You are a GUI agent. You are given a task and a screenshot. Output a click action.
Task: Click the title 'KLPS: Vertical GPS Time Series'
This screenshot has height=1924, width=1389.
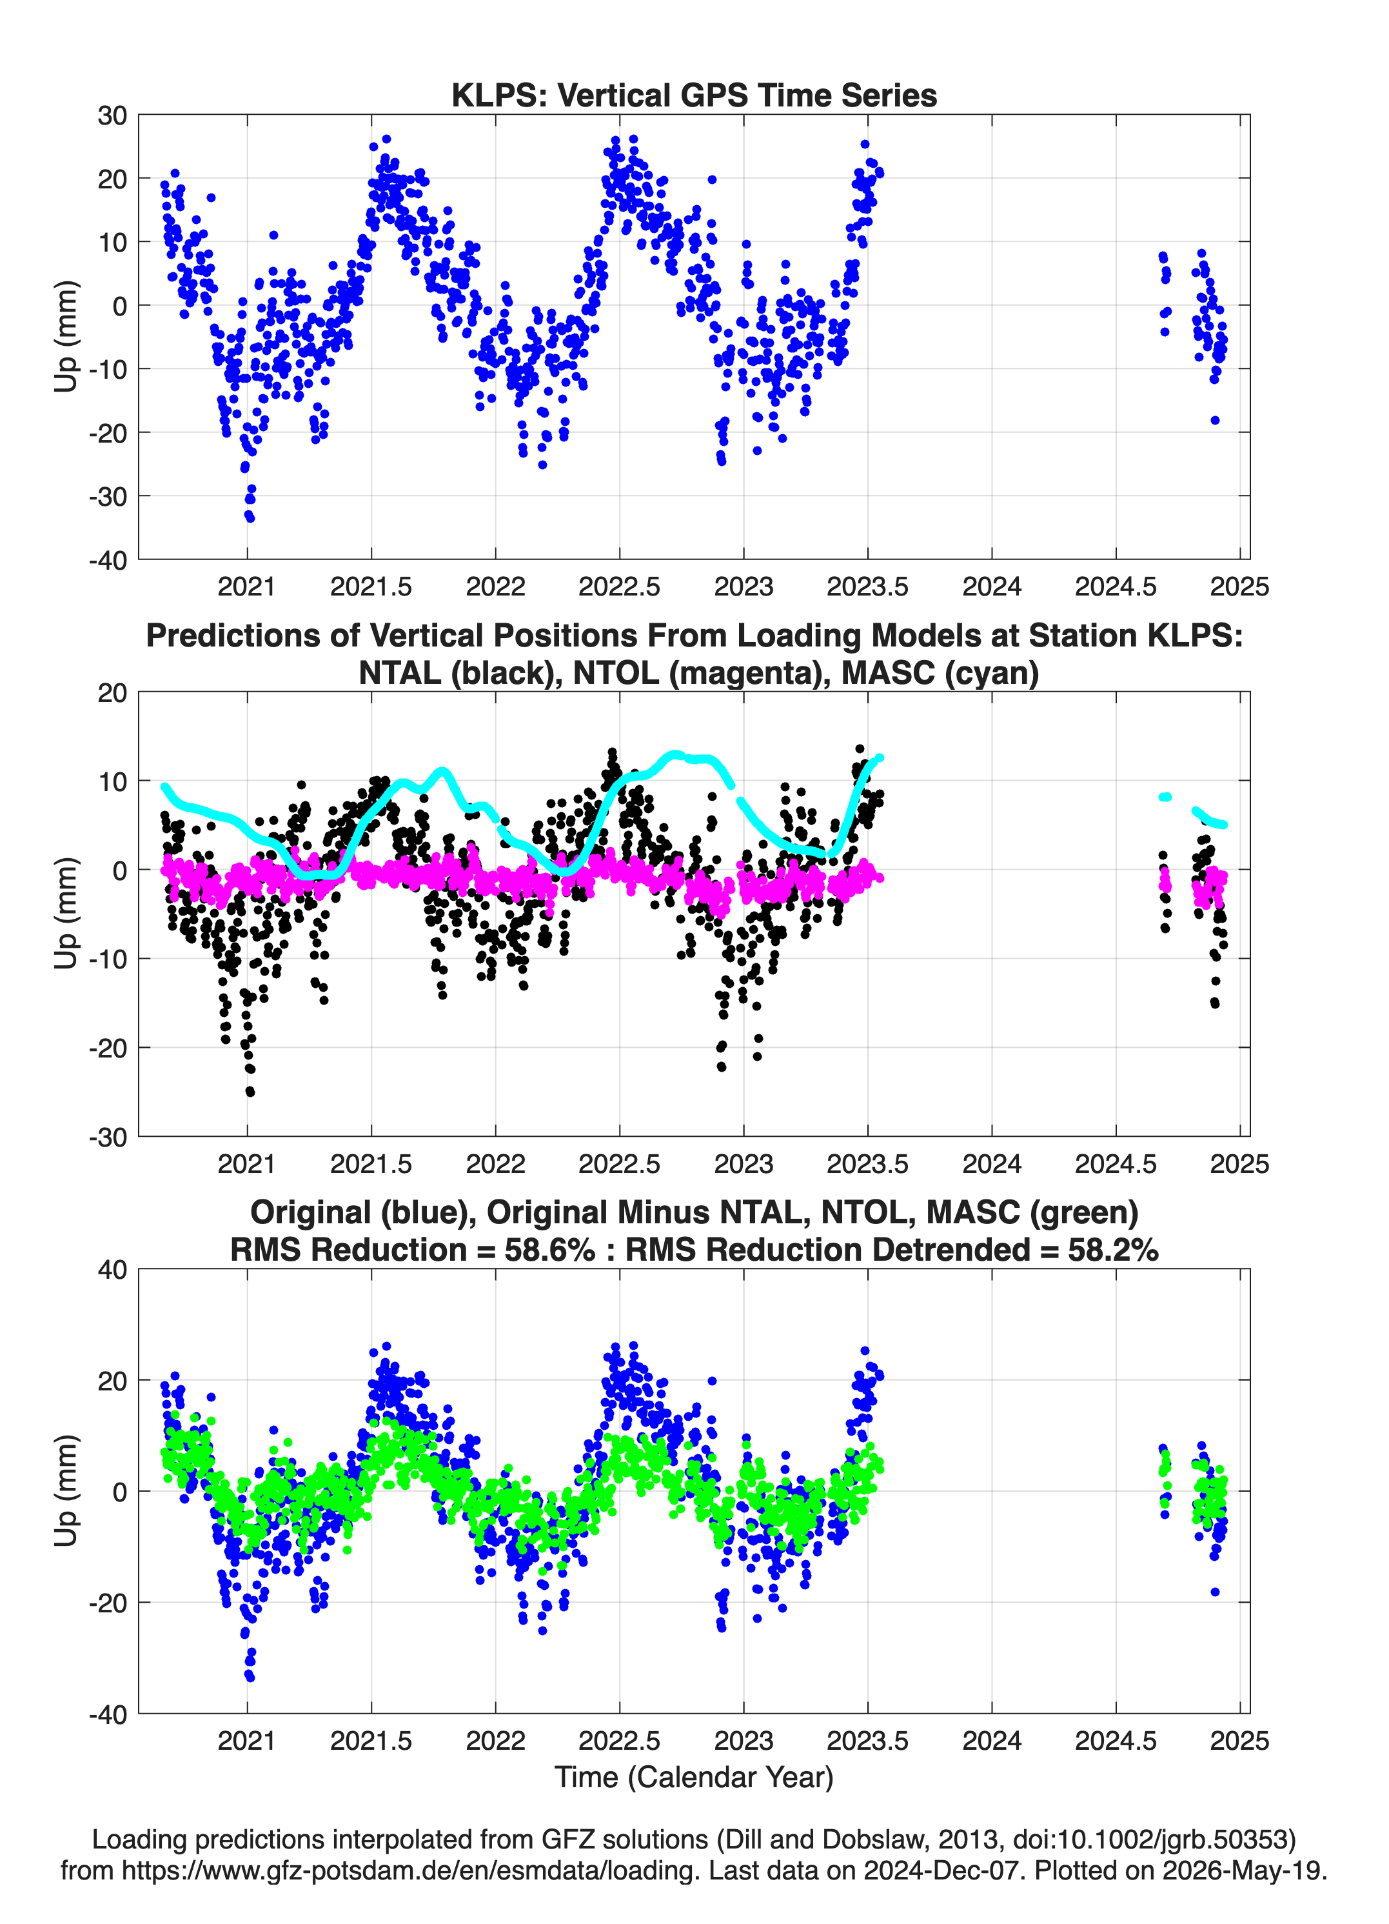point(694,95)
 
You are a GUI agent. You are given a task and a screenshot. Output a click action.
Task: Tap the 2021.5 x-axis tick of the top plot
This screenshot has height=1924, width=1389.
point(371,586)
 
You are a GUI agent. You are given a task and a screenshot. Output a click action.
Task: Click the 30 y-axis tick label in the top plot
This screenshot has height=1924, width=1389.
point(112,115)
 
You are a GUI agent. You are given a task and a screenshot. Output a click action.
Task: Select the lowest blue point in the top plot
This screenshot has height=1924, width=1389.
point(250,517)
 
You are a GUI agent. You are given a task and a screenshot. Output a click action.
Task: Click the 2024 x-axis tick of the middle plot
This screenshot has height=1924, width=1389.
point(991,1163)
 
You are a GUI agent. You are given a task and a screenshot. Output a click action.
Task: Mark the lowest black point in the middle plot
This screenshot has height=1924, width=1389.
point(250,1092)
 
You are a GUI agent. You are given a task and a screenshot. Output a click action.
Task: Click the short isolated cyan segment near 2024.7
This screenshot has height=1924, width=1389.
point(1165,797)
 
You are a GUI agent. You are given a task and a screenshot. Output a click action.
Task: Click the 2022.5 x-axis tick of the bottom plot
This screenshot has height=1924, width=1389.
point(619,1740)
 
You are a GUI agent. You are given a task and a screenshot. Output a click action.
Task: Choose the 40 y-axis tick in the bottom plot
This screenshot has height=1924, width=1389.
point(112,1270)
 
